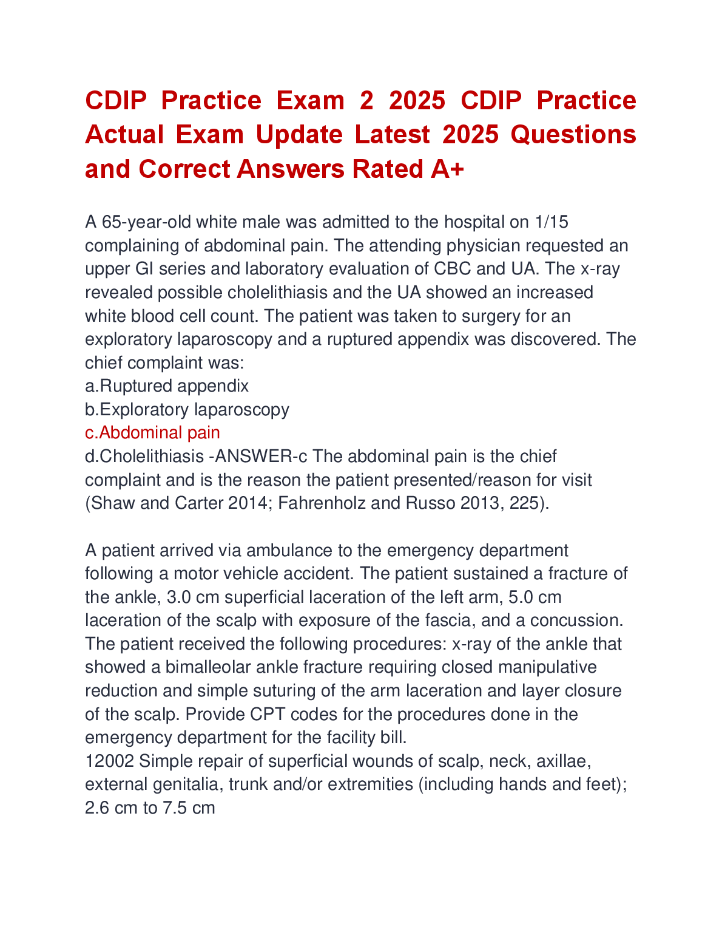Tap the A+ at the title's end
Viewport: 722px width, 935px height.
click(x=447, y=169)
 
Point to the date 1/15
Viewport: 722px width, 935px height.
click(x=552, y=222)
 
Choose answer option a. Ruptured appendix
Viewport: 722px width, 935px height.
click(x=167, y=386)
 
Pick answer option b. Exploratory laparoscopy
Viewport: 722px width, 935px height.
click(x=187, y=410)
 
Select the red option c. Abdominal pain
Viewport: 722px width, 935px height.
click(x=152, y=433)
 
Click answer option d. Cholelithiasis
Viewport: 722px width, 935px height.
click(x=144, y=457)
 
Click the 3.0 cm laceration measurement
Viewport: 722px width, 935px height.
click(x=192, y=597)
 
